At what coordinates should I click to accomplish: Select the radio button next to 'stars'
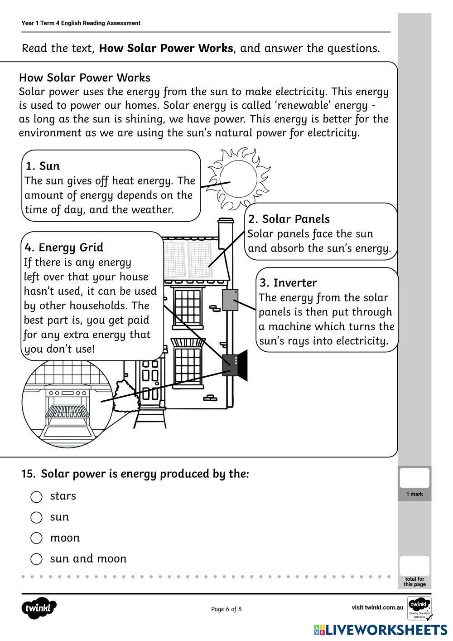point(36,497)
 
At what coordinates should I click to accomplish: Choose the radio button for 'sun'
point(36,517)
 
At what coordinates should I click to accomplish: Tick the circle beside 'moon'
point(36,538)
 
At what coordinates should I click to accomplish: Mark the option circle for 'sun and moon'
point(36,559)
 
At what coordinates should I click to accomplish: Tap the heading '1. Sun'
point(43,166)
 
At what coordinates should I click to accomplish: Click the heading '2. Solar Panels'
point(289,219)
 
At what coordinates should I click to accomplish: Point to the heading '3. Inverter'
point(288,283)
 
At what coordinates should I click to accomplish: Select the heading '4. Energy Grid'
point(64,248)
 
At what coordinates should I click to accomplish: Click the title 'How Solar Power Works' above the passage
point(85,78)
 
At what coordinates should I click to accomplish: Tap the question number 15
point(28,474)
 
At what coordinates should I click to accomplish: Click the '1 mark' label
point(414,494)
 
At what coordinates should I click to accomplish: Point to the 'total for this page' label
point(414,582)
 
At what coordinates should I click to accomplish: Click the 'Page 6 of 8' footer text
point(226,609)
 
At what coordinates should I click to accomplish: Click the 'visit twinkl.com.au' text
point(377,607)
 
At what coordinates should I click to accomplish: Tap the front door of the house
point(150,381)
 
